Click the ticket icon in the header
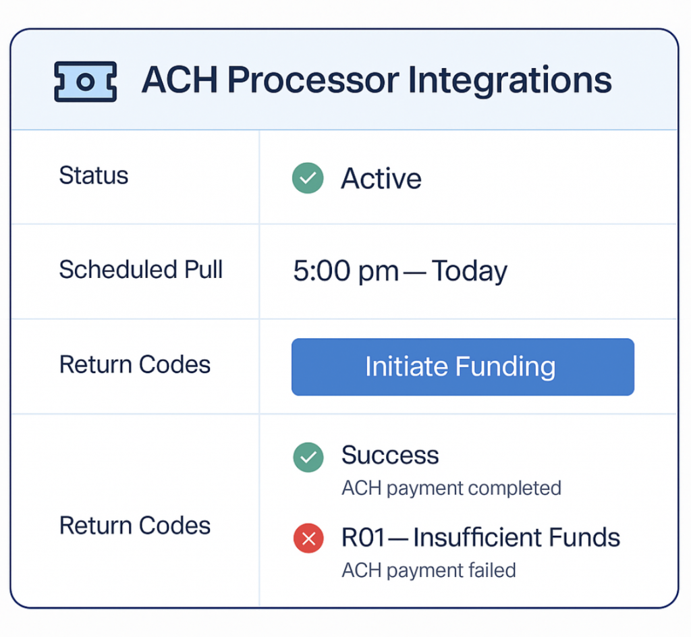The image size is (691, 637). pyautogui.click(x=85, y=82)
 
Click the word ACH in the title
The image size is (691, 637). pyautogui.click(x=179, y=80)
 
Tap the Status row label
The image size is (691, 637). pyautogui.click(x=94, y=175)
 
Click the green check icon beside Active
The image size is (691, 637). pyautogui.click(x=308, y=178)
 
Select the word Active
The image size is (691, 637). pyautogui.click(x=381, y=179)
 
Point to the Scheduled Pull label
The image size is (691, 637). pyautogui.click(x=141, y=270)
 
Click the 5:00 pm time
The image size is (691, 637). pyautogui.click(x=346, y=271)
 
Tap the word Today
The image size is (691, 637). pyautogui.click(x=470, y=271)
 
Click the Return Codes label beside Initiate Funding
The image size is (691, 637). pyautogui.click(x=135, y=364)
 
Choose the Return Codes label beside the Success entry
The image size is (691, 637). pyautogui.click(x=135, y=526)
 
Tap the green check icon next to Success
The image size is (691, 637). pyautogui.click(x=308, y=457)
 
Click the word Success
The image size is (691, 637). pyautogui.click(x=390, y=455)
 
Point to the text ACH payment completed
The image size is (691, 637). pyautogui.click(x=451, y=488)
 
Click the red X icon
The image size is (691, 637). pyautogui.click(x=308, y=538)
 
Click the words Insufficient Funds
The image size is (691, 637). pyautogui.click(x=516, y=538)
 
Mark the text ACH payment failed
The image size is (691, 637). pyautogui.click(x=429, y=570)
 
